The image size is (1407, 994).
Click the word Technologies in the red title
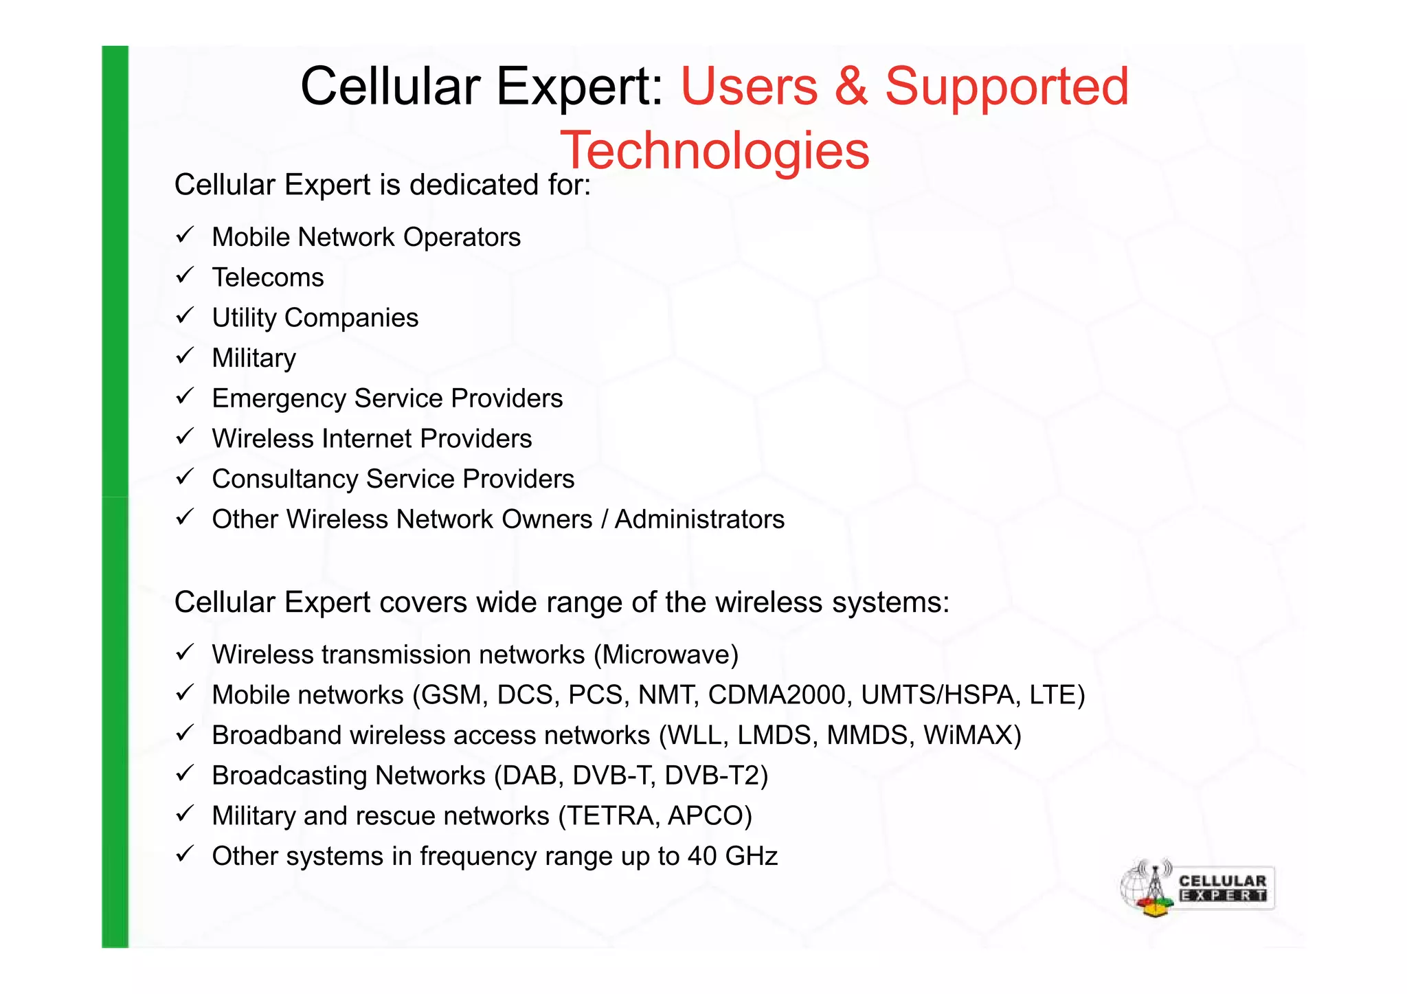pos(714,151)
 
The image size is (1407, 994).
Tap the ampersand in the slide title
pos(851,87)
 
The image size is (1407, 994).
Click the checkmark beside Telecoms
pos(185,276)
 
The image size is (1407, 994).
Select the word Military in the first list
pos(254,359)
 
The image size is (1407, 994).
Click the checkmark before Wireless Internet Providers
pos(185,437)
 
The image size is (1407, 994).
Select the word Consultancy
pos(284,479)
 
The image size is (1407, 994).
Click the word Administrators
pos(699,519)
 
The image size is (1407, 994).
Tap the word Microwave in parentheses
pos(666,655)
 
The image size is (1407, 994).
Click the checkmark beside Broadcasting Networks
pos(185,774)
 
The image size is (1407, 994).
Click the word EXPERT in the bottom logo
pos(1222,896)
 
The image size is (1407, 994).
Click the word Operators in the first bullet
pos(462,238)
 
